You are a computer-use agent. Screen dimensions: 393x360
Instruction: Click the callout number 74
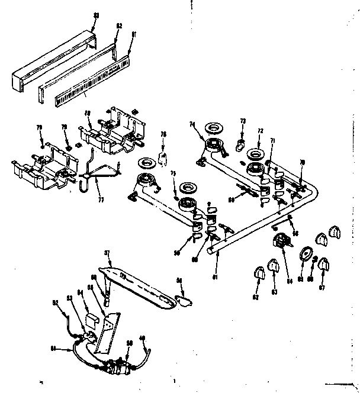tap(192, 124)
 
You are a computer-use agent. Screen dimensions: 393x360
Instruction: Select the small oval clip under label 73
tap(241, 143)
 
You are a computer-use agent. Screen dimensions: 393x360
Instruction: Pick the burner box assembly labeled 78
tap(112, 130)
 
